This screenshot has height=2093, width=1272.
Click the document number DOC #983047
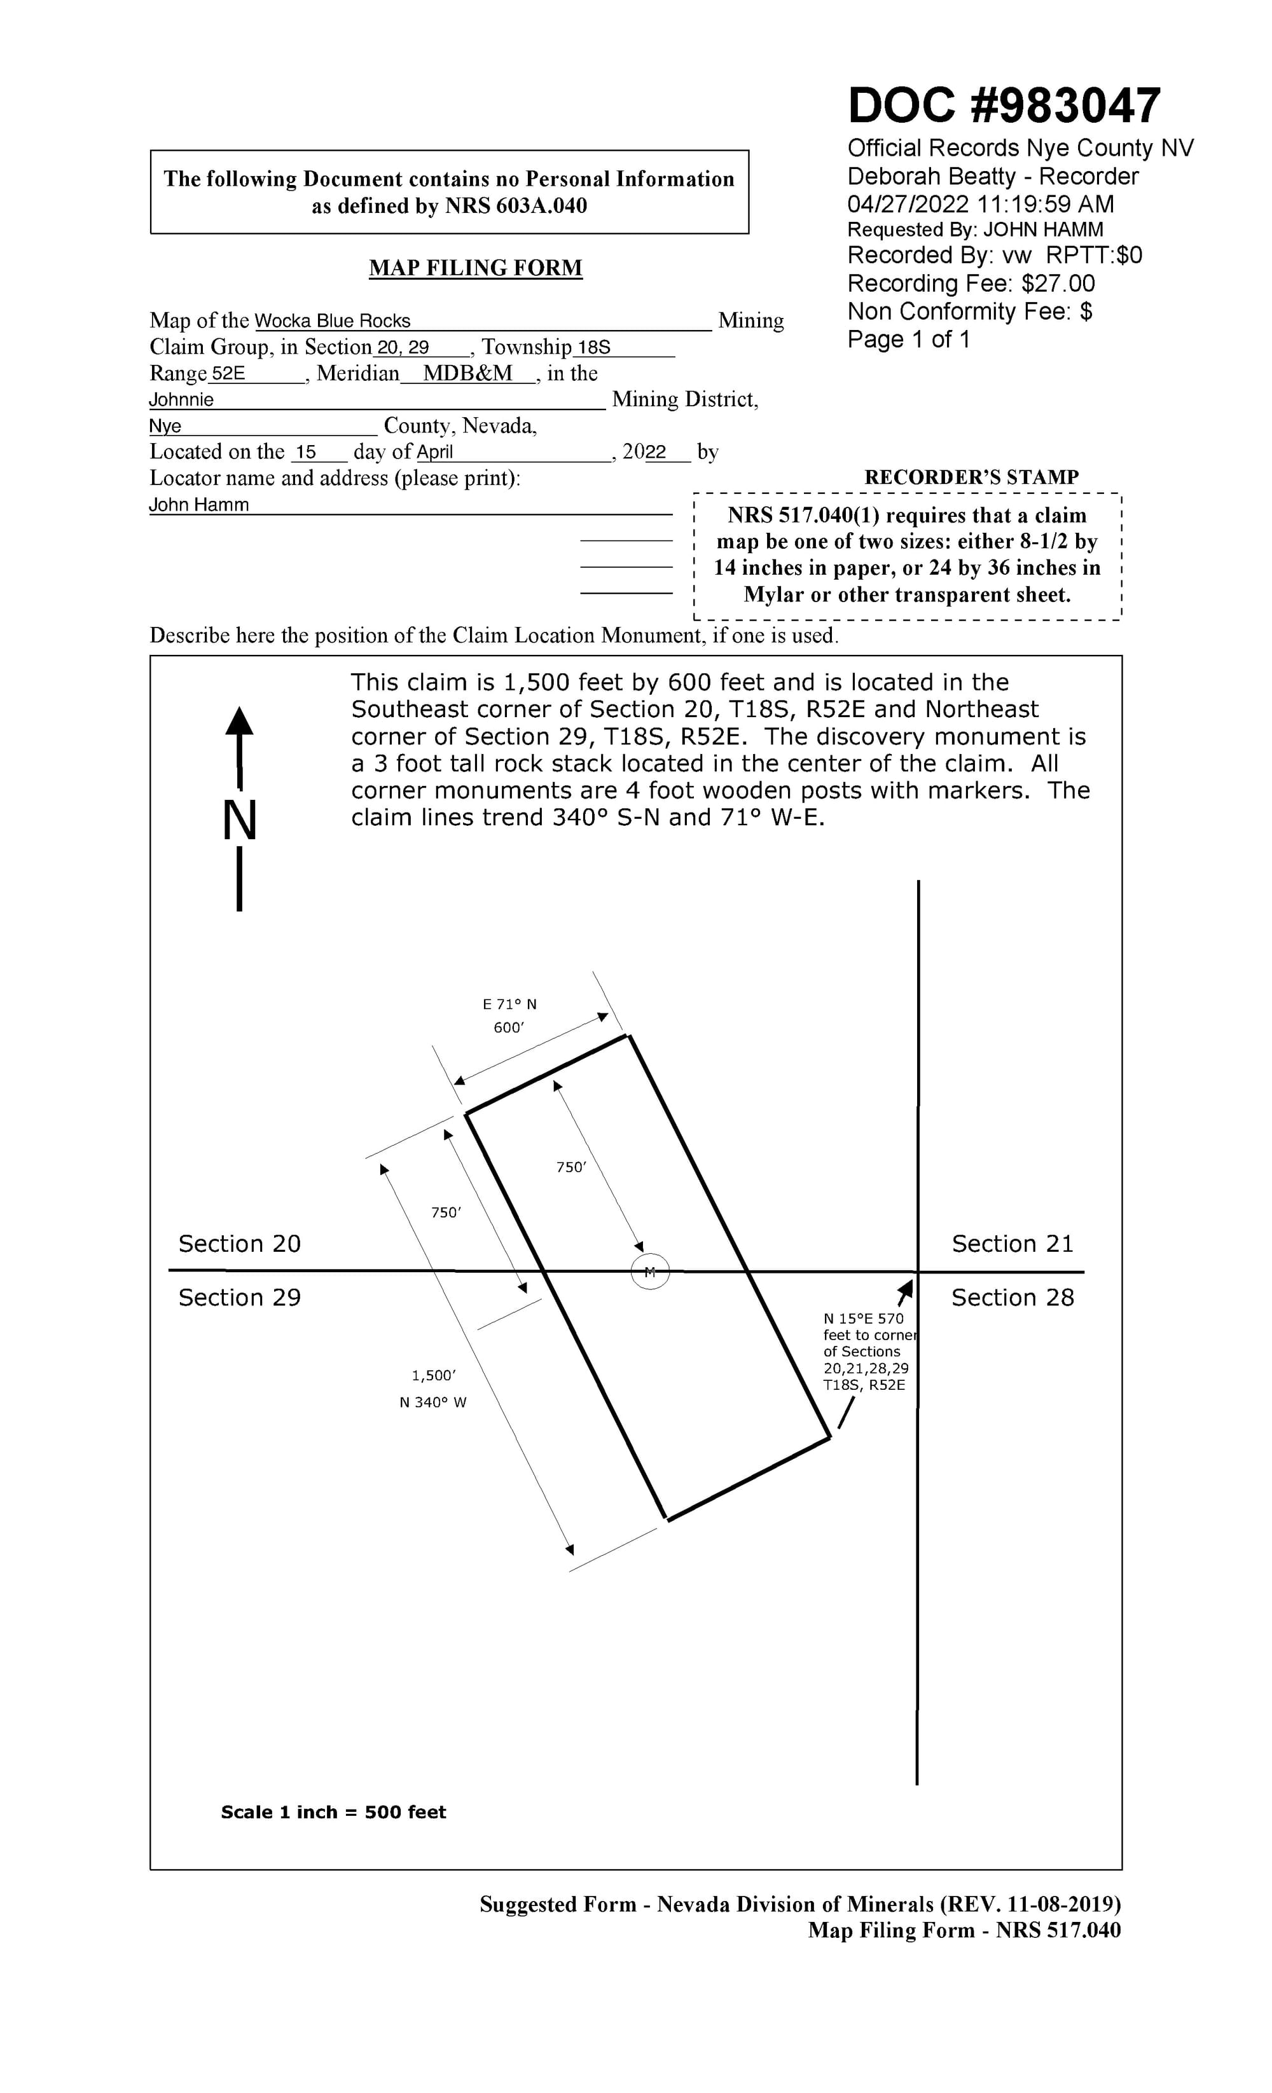1004,106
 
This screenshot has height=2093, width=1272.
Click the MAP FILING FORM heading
475,268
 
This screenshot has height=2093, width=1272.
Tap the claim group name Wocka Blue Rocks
332,321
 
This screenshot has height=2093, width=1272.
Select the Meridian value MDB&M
467,374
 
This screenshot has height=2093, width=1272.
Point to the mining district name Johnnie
181,400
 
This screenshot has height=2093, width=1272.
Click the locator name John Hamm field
199,505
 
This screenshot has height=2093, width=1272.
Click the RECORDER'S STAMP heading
971,477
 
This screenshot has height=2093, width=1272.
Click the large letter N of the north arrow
240,821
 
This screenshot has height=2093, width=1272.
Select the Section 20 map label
240,1244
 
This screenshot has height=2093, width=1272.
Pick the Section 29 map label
240,1297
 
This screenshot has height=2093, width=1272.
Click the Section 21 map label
1012,1244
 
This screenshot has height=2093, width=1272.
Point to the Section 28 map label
1012,1297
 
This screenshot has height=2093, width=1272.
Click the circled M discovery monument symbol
650,1272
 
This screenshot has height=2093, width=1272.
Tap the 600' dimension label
509,1028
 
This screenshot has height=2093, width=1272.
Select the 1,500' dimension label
433,1375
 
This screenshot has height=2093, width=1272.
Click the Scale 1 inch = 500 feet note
333,1812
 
